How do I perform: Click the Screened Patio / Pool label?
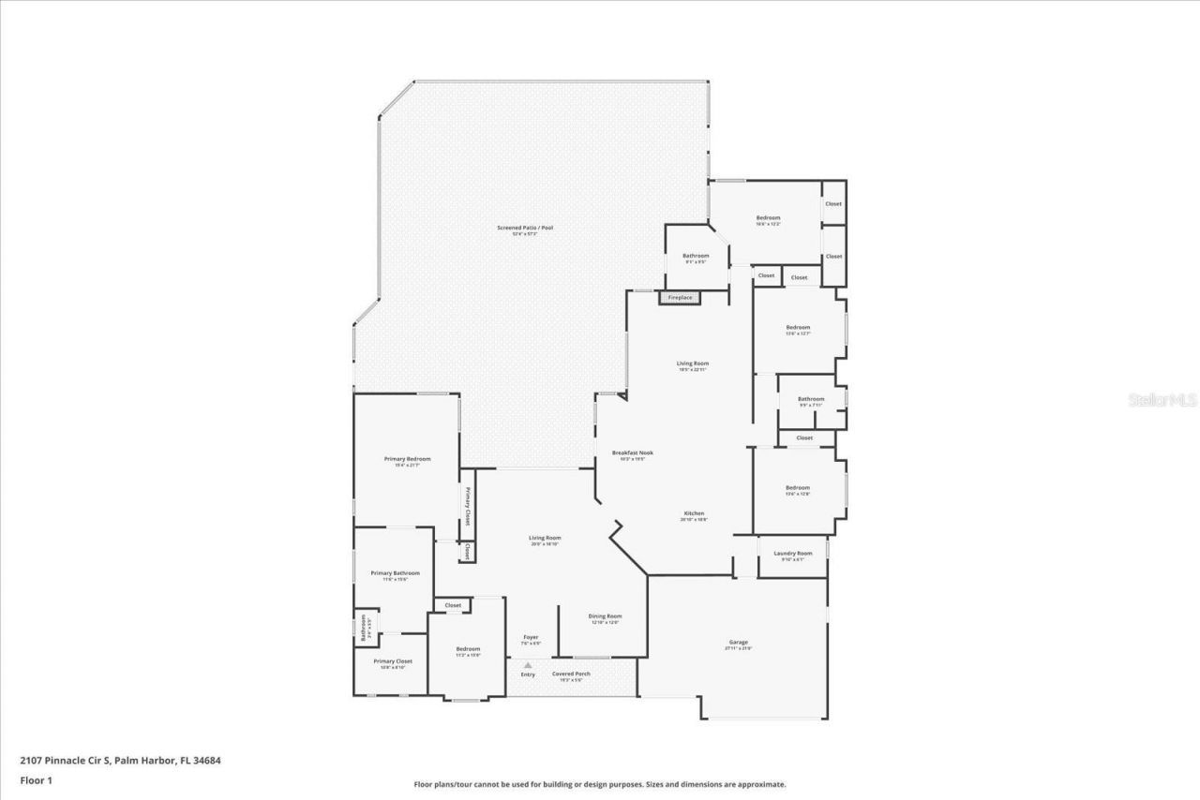click(x=524, y=228)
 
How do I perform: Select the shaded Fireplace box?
click(x=680, y=298)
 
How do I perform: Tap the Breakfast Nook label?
click(x=633, y=452)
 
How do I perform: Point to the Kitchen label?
click(x=694, y=513)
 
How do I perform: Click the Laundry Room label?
click(x=792, y=554)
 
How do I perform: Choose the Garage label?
click(x=738, y=643)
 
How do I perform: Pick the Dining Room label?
click(x=605, y=616)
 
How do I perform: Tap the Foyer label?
click(x=531, y=637)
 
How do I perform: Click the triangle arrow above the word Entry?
click(x=528, y=665)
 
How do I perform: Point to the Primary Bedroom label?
click(x=407, y=459)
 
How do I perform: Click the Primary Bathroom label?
click(x=395, y=573)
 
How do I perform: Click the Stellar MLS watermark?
click(x=1162, y=400)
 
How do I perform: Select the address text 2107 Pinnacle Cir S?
click(x=65, y=761)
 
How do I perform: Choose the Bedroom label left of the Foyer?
click(x=468, y=649)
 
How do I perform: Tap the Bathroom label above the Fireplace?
click(x=696, y=256)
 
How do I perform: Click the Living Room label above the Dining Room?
click(x=544, y=538)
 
